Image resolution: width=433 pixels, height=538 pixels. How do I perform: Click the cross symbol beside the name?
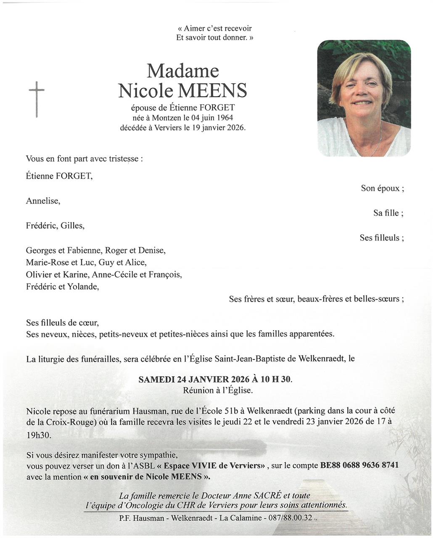click(x=37, y=98)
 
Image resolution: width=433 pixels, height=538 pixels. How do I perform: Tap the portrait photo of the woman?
click(x=364, y=98)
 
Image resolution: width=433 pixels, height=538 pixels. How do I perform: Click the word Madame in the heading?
click(x=182, y=71)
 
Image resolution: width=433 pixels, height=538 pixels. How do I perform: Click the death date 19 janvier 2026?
click(x=219, y=127)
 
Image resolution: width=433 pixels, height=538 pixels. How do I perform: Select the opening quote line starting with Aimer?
click(x=214, y=29)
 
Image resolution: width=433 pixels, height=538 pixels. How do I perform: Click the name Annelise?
click(x=43, y=201)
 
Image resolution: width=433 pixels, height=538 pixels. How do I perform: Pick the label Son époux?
click(x=382, y=188)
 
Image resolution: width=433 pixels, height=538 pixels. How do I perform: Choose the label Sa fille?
click(x=388, y=213)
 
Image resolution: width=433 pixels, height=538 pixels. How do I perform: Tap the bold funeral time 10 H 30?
click(x=275, y=379)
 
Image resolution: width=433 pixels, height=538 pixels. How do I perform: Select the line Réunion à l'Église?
click(x=218, y=390)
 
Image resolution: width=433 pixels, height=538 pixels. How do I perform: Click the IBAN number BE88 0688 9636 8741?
click(x=359, y=465)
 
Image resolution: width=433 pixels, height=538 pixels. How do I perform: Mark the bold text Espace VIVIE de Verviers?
click(x=214, y=466)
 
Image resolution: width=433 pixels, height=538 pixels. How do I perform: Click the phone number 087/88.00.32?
click(x=290, y=518)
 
